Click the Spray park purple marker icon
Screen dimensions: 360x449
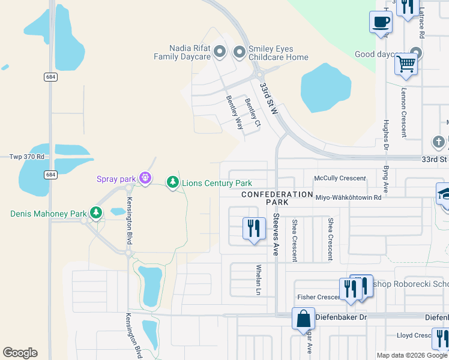point(145,178)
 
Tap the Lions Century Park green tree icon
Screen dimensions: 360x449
point(173,181)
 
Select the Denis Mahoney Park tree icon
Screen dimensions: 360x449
point(95,212)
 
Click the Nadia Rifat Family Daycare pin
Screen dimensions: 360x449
point(220,52)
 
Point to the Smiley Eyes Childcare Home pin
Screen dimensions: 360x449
point(240,52)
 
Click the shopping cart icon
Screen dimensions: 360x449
point(406,63)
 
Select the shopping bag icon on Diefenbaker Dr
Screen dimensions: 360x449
point(303,318)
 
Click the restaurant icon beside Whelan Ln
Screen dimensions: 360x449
point(253,228)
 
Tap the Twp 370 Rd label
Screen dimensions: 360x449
point(27,157)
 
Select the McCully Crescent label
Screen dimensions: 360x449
point(340,178)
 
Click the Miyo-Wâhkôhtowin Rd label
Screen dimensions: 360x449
point(348,197)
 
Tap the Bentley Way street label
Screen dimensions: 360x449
point(235,112)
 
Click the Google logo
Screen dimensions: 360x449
point(20,353)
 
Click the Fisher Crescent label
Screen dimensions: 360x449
point(319,297)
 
